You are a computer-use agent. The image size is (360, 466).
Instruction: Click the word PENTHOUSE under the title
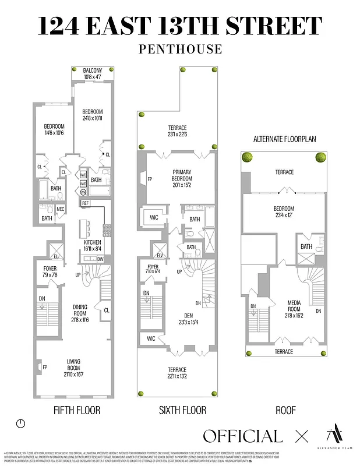[180, 50]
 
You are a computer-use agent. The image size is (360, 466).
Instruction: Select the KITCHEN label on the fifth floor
[92, 242]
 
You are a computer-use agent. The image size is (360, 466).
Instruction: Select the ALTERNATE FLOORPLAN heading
[285, 139]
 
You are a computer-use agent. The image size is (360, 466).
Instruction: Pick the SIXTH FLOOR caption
[182, 410]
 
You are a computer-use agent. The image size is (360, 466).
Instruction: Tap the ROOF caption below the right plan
[285, 410]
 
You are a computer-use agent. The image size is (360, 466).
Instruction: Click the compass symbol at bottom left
[22, 423]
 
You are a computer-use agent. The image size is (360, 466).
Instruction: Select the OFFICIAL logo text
[242, 436]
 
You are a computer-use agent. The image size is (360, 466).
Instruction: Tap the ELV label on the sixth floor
[160, 254]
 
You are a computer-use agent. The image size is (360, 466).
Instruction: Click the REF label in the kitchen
[86, 203]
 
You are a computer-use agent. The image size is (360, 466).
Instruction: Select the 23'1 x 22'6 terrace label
[178, 136]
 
